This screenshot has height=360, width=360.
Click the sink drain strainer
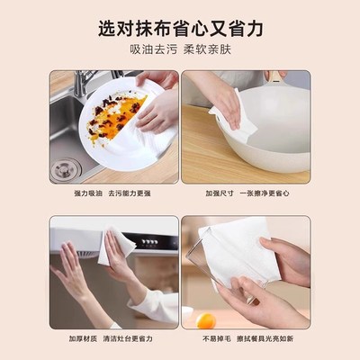point(66,167)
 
